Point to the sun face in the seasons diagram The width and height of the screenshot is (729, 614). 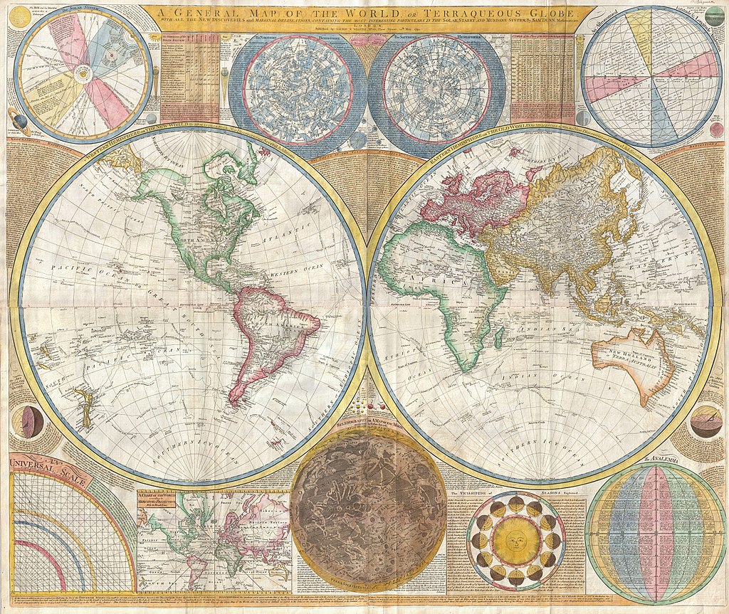click(x=515, y=541)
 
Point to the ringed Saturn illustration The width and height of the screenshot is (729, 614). click(x=14, y=118)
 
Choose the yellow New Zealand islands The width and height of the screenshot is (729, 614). click(x=84, y=406)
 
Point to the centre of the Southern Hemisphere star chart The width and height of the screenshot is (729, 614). click(x=436, y=89)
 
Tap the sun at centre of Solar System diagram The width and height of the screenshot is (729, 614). click(x=83, y=72)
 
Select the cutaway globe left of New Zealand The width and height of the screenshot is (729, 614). click(x=31, y=422)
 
